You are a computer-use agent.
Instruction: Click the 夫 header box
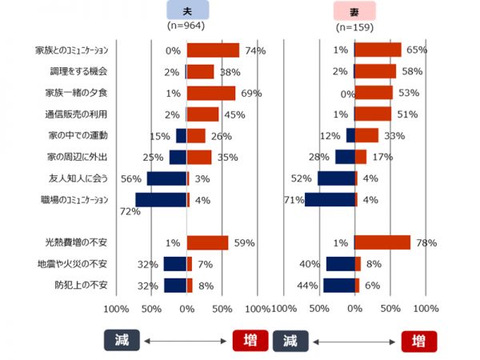[x=188, y=10]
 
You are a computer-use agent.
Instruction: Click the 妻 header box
[x=354, y=10]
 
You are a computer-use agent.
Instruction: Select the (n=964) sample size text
[x=187, y=26]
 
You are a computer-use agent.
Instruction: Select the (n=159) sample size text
[x=354, y=26]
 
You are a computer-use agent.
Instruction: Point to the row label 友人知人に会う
[x=78, y=178]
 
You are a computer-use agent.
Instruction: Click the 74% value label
[x=255, y=51]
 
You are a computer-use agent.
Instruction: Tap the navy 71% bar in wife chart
[x=329, y=200]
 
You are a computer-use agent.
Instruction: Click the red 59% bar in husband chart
[x=207, y=242]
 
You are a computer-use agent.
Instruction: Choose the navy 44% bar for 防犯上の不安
[x=338, y=286]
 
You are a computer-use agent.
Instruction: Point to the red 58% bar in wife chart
[x=374, y=72]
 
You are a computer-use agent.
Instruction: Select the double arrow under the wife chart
[x=355, y=341]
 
